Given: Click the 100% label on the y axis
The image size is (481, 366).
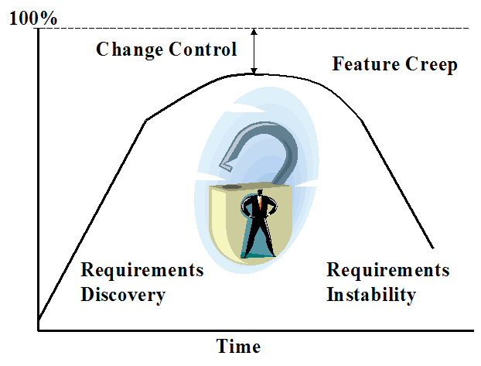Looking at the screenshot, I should [x=32, y=18].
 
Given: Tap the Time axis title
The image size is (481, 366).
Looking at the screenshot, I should [x=238, y=346].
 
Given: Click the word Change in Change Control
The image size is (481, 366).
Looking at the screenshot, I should [x=127, y=50].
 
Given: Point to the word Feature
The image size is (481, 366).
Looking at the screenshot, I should [x=364, y=63].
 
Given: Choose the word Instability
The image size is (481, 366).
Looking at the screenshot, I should [x=371, y=295].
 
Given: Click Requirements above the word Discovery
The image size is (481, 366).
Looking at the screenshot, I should [x=142, y=271].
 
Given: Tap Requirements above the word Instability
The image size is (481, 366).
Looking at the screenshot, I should [x=387, y=271].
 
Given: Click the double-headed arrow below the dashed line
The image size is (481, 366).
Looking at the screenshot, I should [x=254, y=51].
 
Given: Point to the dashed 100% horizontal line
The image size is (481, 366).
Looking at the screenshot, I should [x=348, y=29].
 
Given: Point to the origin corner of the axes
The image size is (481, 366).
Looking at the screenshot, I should [x=38, y=331].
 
